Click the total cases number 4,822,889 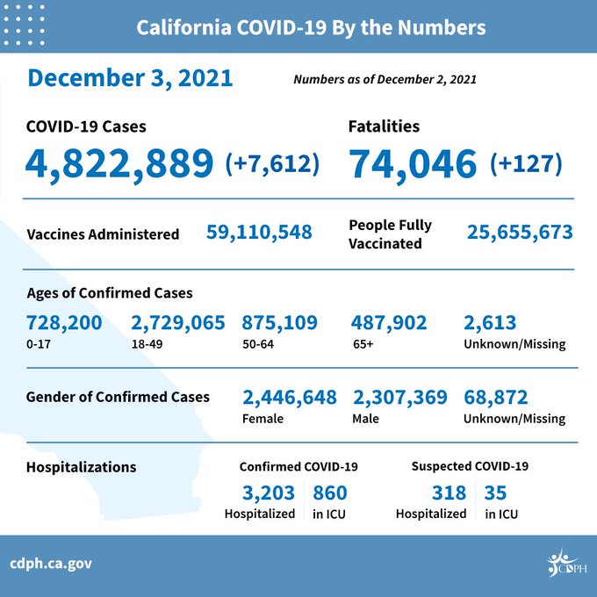[x=119, y=164]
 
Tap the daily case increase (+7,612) [x=272, y=163]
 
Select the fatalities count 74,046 [x=413, y=164]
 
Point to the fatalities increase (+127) [x=526, y=163]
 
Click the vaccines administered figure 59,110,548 [x=259, y=233]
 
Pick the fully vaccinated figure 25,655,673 [x=520, y=233]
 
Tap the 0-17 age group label [x=39, y=344]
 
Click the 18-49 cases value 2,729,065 [x=178, y=323]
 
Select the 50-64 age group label [x=258, y=344]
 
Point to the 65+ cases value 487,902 [x=389, y=323]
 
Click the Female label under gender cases [x=263, y=419]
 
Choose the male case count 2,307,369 [x=400, y=398]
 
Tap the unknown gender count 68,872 [x=496, y=398]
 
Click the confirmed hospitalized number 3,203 [x=269, y=493]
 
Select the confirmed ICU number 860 [x=330, y=493]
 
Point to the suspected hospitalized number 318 [x=449, y=493]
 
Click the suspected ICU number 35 [x=495, y=493]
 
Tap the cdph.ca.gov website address [x=51, y=564]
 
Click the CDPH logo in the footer [x=567, y=563]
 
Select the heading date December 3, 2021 [x=130, y=78]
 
